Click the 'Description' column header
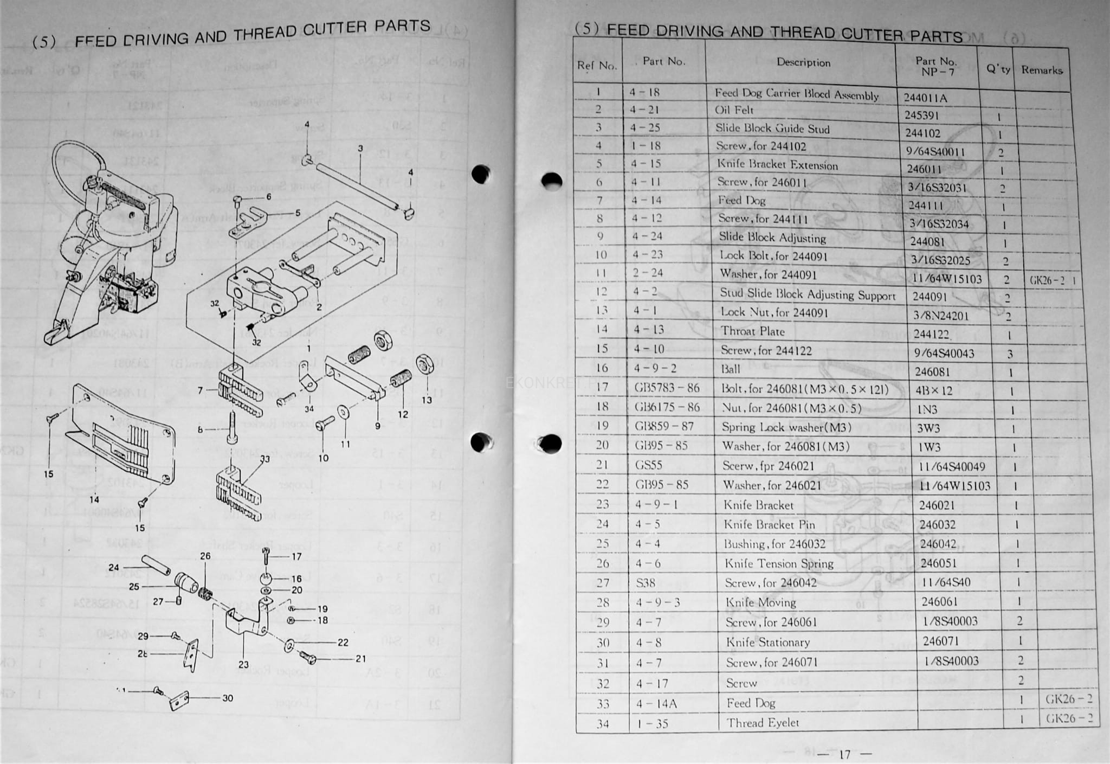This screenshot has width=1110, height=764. (803, 62)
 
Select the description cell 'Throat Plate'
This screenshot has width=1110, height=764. (752, 331)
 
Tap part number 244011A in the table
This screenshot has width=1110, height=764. (925, 98)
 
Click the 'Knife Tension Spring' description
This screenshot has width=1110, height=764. (779, 564)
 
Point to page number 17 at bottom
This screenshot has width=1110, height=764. (844, 754)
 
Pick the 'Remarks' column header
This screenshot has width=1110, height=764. (1042, 70)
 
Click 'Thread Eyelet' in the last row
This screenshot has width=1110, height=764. (763, 723)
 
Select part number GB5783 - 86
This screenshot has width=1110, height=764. (667, 388)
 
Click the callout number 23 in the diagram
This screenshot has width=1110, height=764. (243, 664)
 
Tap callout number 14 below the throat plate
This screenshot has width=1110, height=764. (94, 499)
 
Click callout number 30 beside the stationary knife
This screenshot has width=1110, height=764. (228, 698)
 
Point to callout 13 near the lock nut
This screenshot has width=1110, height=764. (427, 400)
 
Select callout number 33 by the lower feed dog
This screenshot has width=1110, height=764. (264, 459)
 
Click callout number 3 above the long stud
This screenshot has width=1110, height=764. (360, 149)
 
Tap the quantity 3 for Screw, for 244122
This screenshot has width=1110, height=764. (1010, 354)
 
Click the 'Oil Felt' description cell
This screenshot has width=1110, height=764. (734, 110)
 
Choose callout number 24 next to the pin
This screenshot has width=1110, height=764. (113, 567)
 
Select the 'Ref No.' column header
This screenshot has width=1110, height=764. (597, 66)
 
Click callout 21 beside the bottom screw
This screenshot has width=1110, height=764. (360, 659)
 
